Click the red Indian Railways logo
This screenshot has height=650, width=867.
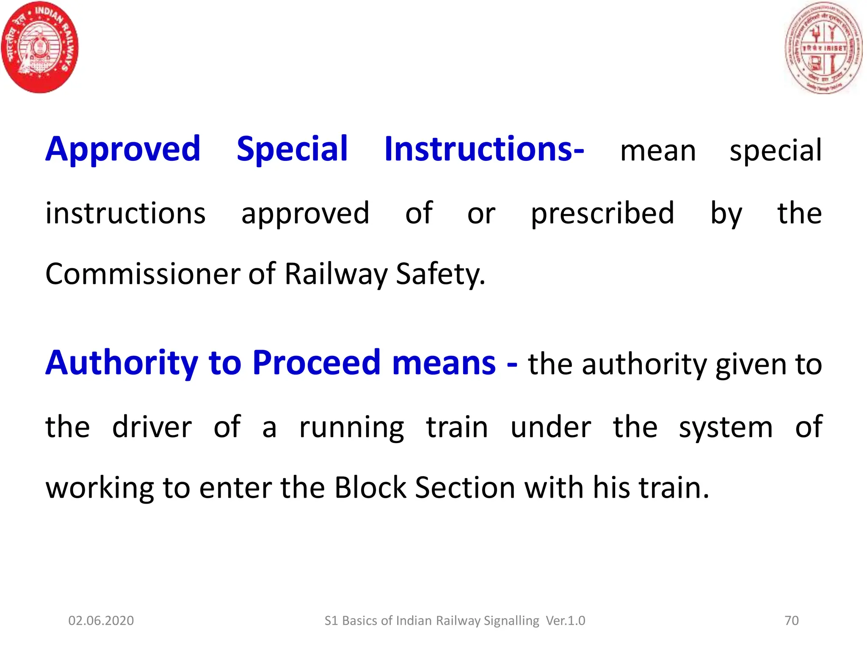pyautogui.click(x=40, y=47)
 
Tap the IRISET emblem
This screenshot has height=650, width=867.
pyautogui.click(x=823, y=48)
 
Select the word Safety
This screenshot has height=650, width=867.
pyautogui.click(x=440, y=274)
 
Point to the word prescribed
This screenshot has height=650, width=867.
pyautogui.click(x=602, y=213)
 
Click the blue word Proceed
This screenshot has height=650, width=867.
pyautogui.click(x=317, y=363)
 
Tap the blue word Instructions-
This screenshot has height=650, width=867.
pyautogui.click(x=484, y=149)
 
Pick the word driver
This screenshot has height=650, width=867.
pyautogui.click(x=152, y=427)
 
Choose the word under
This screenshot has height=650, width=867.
pyautogui.click(x=550, y=427)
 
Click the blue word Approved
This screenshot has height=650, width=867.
pyautogui.click(x=123, y=149)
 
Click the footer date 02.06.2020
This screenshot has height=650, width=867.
pyautogui.click(x=101, y=620)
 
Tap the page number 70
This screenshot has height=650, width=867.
pyautogui.click(x=791, y=620)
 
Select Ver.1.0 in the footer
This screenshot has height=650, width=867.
pyautogui.click(x=565, y=620)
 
